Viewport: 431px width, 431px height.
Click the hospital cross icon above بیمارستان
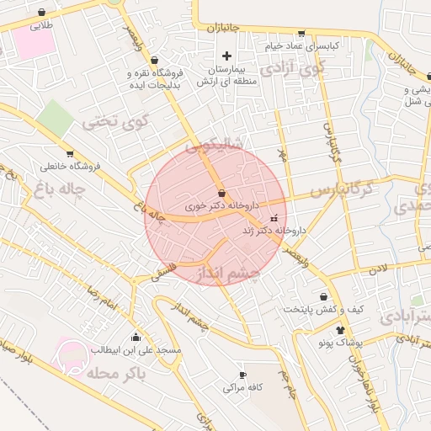pyautogui.click(x=226, y=56)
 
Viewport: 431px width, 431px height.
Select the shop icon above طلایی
pyautogui.click(x=42, y=13)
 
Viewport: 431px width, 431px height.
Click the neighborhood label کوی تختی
pyautogui.click(x=115, y=121)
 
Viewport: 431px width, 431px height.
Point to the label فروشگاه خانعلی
pyautogui.click(x=70, y=166)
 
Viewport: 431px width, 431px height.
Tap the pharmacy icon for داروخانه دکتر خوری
pyautogui.click(x=221, y=194)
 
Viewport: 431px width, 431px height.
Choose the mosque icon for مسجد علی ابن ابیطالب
pyautogui.click(x=136, y=337)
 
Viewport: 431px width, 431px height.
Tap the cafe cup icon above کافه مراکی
pyautogui.click(x=243, y=375)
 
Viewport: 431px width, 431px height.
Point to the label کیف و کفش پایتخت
pyautogui.click(x=322, y=309)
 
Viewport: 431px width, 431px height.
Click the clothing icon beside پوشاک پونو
pyautogui.click(x=340, y=330)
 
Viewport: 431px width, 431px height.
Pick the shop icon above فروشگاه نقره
pyautogui.click(x=153, y=61)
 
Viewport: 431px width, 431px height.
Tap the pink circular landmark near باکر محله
pyautogui.click(x=72, y=354)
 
